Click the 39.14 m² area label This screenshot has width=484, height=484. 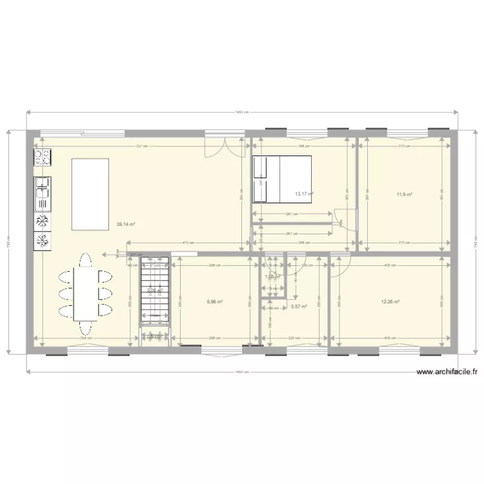pos(125,225)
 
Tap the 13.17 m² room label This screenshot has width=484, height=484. pos(304,193)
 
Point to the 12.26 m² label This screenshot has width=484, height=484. pos(390,301)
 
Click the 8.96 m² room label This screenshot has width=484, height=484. pos(215,301)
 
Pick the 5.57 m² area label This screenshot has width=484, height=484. pos(299,307)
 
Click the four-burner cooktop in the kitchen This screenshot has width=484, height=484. pos(43,156)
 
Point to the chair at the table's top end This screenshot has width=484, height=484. pos(85,260)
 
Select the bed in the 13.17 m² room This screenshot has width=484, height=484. pos(281,179)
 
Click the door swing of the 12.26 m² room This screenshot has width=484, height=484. pos(341,263)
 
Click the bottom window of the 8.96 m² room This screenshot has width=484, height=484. pos(221,351)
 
